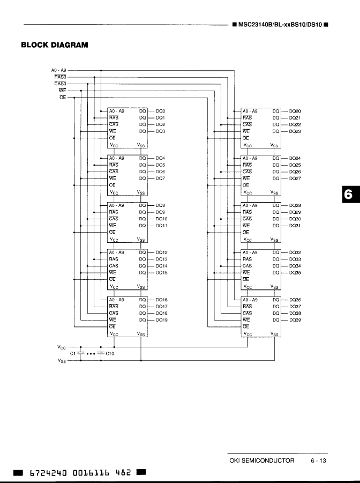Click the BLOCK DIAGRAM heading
[54, 45]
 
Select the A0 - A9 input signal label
[58, 70]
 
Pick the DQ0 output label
[161, 111]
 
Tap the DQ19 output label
[162, 320]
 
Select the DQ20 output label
[295, 111]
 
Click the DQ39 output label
[295, 320]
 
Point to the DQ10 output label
[162, 219]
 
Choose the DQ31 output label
[295, 226]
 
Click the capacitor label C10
[110, 354]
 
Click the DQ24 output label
[295, 159]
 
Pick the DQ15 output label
[162, 273]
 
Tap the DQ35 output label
[295, 273]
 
